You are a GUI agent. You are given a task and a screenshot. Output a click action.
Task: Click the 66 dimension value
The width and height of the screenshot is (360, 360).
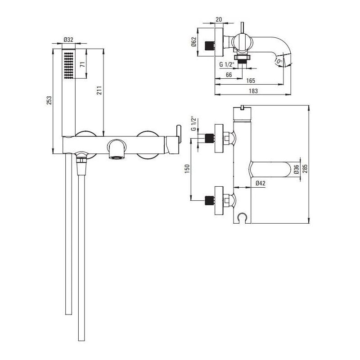(x=229, y=75)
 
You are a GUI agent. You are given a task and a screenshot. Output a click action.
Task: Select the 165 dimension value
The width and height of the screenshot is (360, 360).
(x=251, y=81)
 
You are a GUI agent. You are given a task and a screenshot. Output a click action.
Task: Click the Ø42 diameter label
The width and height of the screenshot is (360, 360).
(x=260, y=183)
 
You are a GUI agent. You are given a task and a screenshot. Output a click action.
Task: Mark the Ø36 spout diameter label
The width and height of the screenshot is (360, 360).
(x=296, y=169)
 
